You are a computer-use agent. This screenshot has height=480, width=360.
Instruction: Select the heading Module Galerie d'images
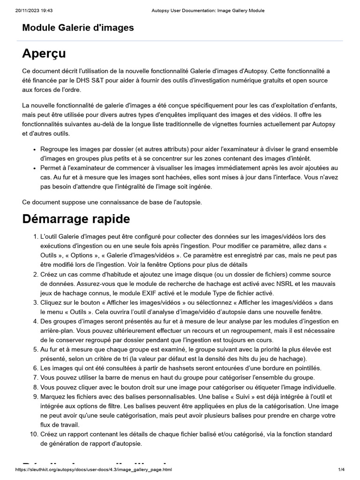click(x=78, y=28)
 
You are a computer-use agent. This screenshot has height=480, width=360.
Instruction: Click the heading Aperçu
click(x=44, y=53)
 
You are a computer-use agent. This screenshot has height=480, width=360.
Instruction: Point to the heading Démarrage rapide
click(x=76, y=219)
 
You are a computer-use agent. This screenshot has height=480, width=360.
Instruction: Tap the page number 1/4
click(x=341, y=470)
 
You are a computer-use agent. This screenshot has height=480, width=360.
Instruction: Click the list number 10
click(x=33, y=435)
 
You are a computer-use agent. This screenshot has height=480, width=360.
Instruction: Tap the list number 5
click(x=35, y=349)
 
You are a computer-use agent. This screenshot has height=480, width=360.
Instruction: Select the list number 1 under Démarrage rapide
click(x=35, y=236)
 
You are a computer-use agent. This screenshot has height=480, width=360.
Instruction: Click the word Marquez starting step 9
click(x=53, y=397)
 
